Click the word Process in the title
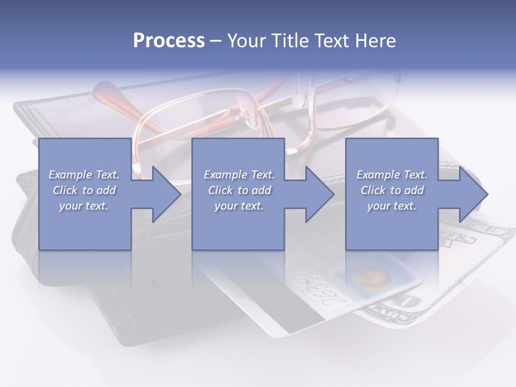pyautogui.click(x=169, y=41)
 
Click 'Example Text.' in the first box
pyautogui.click(x=84, y=175)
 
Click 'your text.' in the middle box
pyautogui.click(x=239, y=206)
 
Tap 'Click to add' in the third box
pyautogui.click(x=392, y=190)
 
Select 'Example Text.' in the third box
pyautogui.click(x=392, y=175)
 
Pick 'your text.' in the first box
pyautogui.click(x=84, y=206)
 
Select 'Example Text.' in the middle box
pyautogui.click(x=239, y=175)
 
